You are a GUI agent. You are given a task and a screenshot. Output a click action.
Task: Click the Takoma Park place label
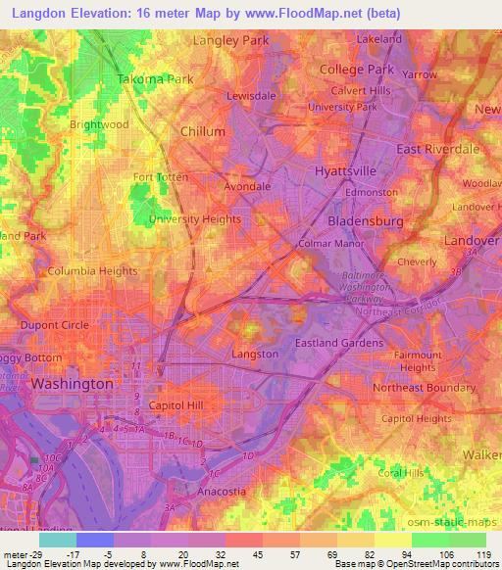point(155,78)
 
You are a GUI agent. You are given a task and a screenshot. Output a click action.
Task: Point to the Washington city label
point(72,385)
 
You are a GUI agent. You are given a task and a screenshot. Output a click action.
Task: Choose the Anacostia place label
point(201,491)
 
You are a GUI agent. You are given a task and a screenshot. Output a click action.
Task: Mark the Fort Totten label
point(158,177)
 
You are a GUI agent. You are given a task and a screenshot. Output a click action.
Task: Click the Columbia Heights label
point(91,270)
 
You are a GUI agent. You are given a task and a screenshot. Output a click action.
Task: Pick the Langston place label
point(255,354)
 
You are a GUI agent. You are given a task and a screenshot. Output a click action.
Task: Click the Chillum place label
point(203,131)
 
